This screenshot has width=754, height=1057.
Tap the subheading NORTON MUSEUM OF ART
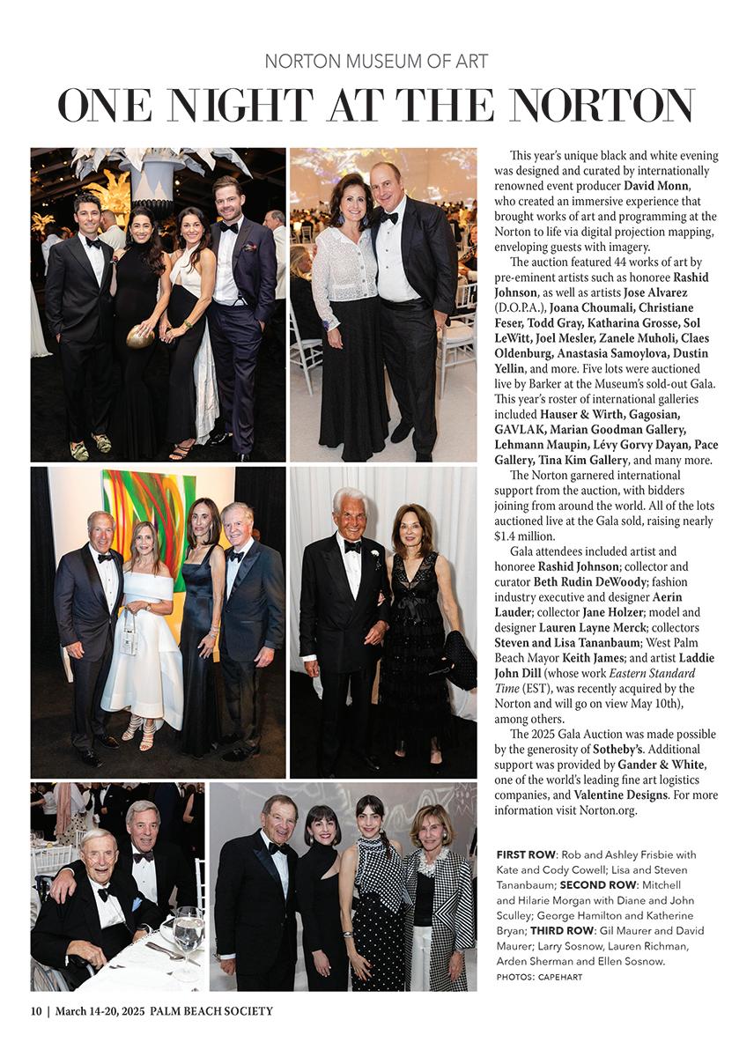click(376, 62)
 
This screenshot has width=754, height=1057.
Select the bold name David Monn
click(654, 186)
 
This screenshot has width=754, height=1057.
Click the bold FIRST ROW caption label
click(526, 854)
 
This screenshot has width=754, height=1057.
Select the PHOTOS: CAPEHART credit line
click(539, 977)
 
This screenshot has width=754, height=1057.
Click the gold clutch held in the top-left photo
click(140, 336)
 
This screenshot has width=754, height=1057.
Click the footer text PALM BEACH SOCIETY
click(211, 1011)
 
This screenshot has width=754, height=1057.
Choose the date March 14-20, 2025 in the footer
click(100, 1011)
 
